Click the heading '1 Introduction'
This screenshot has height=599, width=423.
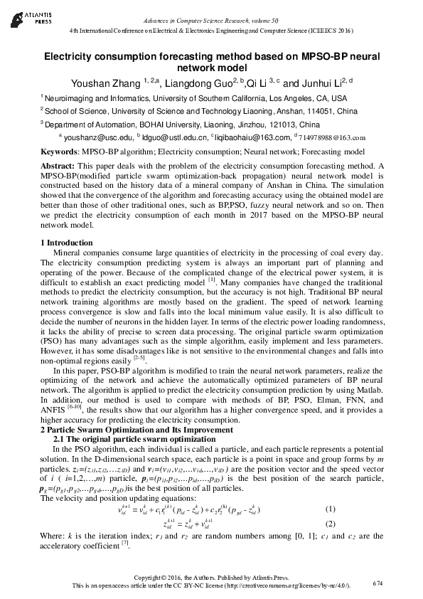point(68,243)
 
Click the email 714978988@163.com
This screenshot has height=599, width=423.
point(332,138)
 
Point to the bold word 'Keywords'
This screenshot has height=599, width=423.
point(59,152)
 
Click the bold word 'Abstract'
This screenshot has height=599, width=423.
point(58,166)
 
